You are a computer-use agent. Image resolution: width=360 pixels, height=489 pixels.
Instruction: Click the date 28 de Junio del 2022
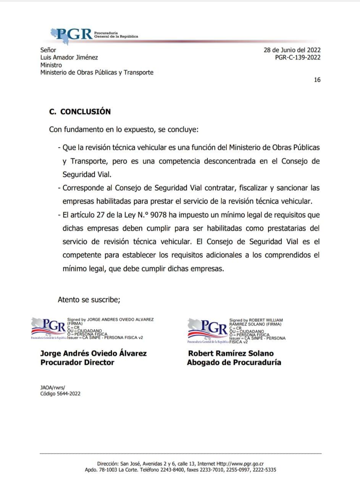[292, 50]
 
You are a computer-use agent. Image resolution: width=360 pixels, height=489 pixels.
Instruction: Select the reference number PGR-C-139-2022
[298, 58]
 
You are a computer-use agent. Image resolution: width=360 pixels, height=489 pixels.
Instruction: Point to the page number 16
[317, 80]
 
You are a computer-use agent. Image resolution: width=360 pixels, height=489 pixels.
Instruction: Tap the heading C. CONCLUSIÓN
[80, 112]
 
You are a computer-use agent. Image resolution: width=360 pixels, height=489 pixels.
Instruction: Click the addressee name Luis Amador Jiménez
[69, 58]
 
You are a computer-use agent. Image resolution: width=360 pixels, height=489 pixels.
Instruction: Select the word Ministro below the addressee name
[51, 65]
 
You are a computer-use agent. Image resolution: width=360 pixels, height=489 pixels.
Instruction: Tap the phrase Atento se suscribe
[89, 300]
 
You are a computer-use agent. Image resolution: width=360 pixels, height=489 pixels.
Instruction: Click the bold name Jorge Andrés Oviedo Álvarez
[94, 353]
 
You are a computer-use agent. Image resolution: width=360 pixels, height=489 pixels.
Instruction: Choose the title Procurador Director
[77, 363]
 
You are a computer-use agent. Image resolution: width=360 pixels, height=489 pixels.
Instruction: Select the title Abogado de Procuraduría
[234, 363]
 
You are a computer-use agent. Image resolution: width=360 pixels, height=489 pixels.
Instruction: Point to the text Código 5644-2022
[60, 394]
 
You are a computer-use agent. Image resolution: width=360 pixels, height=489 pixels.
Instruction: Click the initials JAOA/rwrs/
[53, 387]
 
